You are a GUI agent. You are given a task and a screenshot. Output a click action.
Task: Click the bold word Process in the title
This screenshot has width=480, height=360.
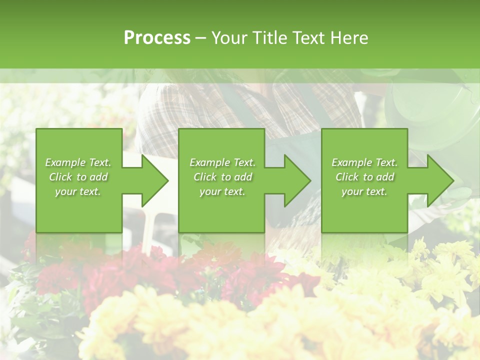(x=157, y=38)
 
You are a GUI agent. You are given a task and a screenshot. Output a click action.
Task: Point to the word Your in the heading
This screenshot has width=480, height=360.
(x=230, y=38)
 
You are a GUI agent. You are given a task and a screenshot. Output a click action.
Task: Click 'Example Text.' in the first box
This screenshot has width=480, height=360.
(x=78, y=162)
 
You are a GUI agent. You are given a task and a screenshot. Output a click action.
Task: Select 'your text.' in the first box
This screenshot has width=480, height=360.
(x=78, y=191)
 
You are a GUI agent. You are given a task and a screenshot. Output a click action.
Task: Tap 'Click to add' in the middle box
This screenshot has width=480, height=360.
(x=222, y=177)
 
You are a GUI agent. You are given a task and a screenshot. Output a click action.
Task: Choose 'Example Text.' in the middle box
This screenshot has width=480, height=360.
(x=222, y=162)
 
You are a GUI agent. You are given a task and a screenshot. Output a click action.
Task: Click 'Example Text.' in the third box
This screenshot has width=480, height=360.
(x=364, y=162)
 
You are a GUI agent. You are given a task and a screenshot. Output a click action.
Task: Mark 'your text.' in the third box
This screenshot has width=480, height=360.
(x=364, y=191)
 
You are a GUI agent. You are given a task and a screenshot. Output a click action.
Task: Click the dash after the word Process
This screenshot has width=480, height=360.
(x=201, y=38)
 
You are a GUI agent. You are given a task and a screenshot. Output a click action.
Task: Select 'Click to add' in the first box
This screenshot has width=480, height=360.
(x=78, y=177)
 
